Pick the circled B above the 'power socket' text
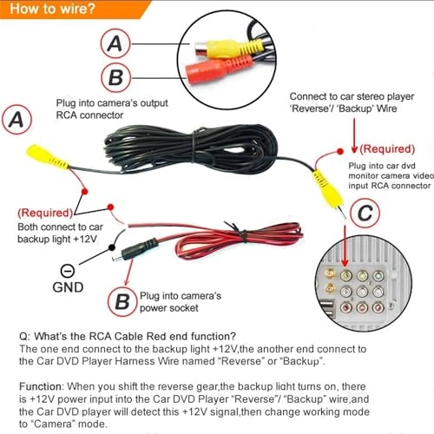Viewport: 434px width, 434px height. point(121,300)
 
